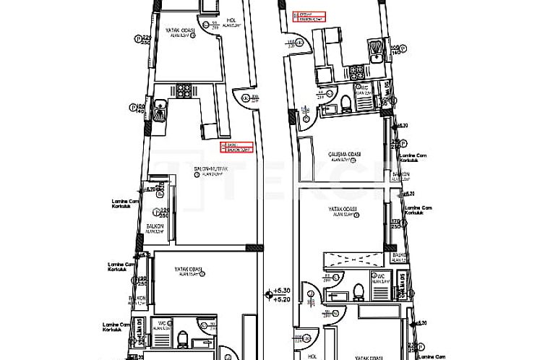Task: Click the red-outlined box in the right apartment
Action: pos(309,16)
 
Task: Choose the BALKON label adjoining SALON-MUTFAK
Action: pos(153,226)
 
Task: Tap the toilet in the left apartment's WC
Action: pos(183,338)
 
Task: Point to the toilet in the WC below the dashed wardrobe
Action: pos(358,291)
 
